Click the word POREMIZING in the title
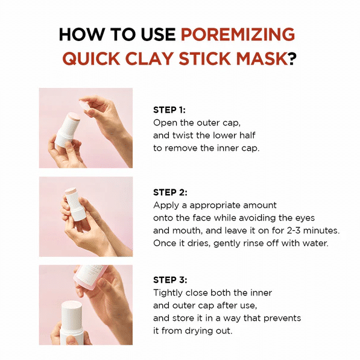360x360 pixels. click(238, 34)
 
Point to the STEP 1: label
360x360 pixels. click(169, 110)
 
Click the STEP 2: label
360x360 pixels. click(170, 192)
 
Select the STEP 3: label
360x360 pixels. click(170, 280)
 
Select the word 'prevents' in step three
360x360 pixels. click(282, 318)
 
